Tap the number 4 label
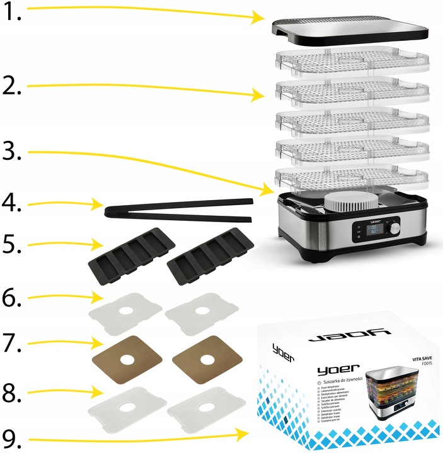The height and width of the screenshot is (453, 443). tap(13, 206)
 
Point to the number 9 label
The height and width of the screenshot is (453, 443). tap(12, 436)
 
